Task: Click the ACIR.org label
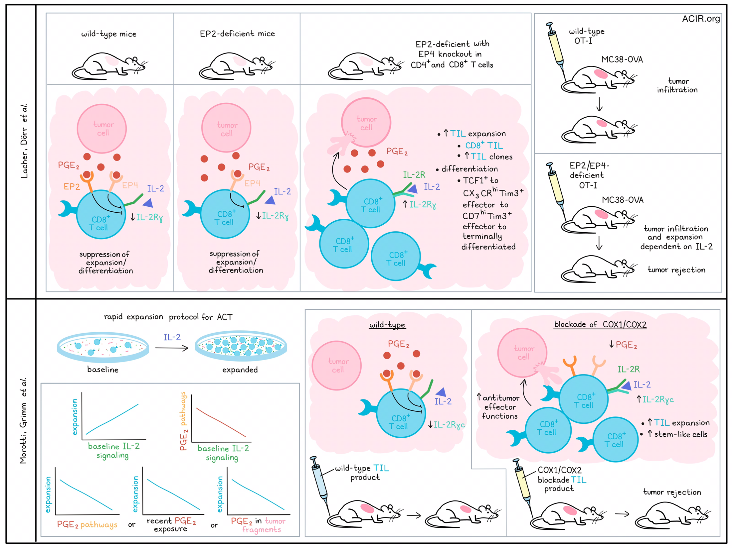coord(701,19)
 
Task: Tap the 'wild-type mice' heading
coord(109,34)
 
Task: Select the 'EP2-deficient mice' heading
coord(237,34)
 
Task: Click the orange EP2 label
coord(72,186)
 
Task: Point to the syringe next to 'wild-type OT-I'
coord(556,52)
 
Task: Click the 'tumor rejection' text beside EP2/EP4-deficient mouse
coord(676,270)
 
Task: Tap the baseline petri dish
coord(103,347)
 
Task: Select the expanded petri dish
coord(241,346)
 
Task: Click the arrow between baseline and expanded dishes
coord(172,348)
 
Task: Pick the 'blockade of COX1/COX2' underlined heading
coord(600,324)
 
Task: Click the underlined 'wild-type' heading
coord(387,325)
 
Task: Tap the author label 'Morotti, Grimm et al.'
coord(23,421)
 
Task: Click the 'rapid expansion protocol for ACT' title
coord(168,317)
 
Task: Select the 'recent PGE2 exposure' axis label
coord(171,525)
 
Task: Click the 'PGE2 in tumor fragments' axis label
coord(258,525)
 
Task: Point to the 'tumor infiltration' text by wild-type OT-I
coord(677,85)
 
